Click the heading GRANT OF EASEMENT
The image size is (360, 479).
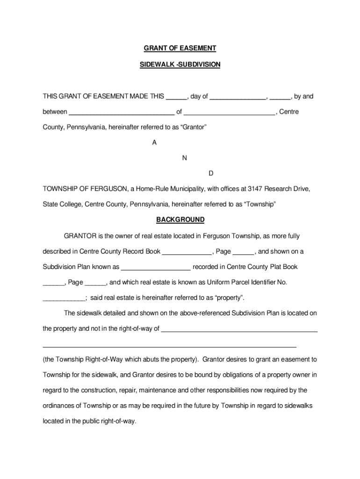(180, 48)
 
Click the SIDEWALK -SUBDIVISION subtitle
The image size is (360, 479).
(180, 64)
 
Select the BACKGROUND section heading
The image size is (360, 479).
(180, 219)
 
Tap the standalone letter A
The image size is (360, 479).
(154, 143)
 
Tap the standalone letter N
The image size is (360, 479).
(184, 158)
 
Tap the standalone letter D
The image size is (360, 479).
(211, 174)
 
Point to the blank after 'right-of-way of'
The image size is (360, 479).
(239, 330)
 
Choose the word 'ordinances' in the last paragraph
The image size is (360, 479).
(58, 406)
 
